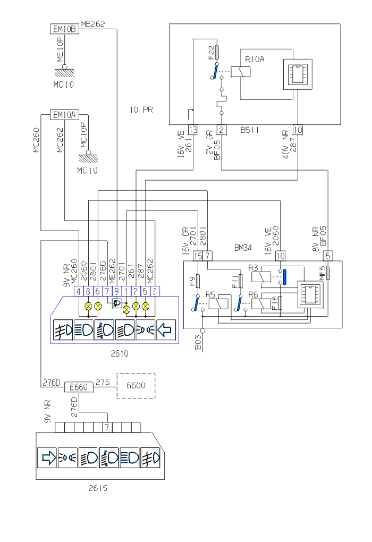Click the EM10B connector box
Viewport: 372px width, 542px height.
tap(65, 29)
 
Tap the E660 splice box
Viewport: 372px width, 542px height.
tap(79, 387)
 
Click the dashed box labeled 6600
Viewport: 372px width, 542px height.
tap(136, 386)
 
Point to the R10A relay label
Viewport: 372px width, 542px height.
tap(253, 60)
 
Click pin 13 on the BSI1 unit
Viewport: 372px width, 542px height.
tap(193, 130)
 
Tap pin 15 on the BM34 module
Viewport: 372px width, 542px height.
tap(198, 256)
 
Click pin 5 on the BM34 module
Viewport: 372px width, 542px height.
tap(328, 256)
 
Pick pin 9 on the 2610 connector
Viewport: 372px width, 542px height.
tap(116, 291)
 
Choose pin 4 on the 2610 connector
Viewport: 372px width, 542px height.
tap(78, 291)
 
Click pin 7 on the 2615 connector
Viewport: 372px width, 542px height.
tap(107, 427)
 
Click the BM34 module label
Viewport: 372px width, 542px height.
tap(243, 248)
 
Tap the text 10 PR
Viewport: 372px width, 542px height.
tap(141, 110)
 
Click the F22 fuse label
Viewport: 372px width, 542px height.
tap(212, 52)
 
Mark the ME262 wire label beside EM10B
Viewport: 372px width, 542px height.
tap(92, 23)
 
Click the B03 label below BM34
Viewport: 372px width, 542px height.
tap(198, 343)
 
